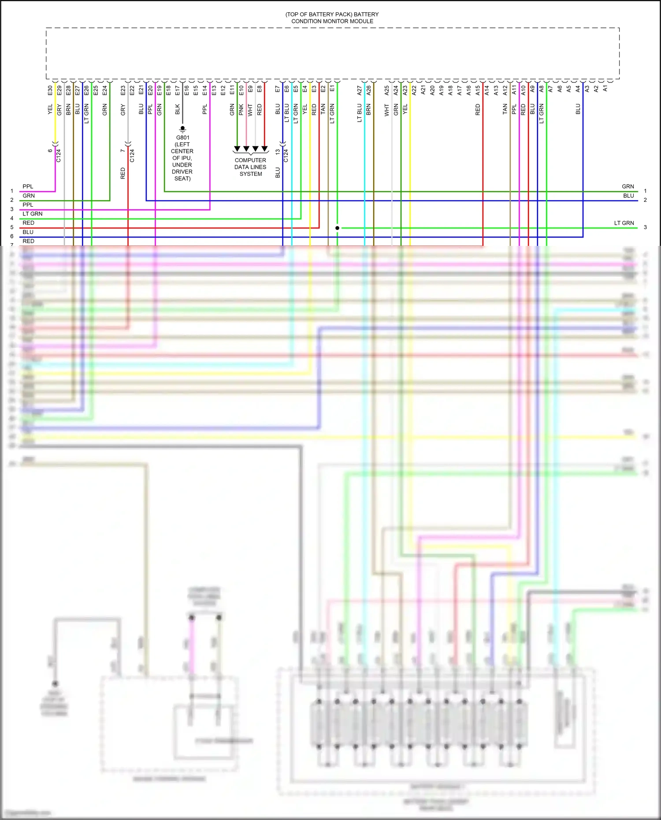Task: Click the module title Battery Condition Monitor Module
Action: pyautogui.click(x=332, y=18)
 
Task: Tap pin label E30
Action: pyautogui.click(x=50, y=90)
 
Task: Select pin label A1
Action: pyautogui.click(x=605, y=89)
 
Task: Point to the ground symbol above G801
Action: pyautogui.click(x=182, y=129)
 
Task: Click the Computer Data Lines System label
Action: pyautogui.click(x=250, y=167)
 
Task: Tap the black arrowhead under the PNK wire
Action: pyautogui.click(x=246, y=149)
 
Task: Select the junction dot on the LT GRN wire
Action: pyautogui.click(x=337, y=228)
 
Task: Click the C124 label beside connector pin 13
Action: pyautogui.click(x=286, y=156)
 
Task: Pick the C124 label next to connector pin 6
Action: pyautogui.click(x=59, y=156)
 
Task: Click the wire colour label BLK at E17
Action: pyautogui.click(x=178, y=109)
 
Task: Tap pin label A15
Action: pyautogui.click(x=478, y=90)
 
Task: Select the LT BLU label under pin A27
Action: pyautogui.click(x=360, y=113)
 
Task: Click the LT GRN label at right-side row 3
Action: pyautogui.click(x=624, y=223)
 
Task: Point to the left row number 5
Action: pyautogui.click(x=12, y=227)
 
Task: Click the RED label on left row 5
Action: pyautogui.click(x=29, y=223)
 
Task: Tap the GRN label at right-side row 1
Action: pyautogui.click(x=628, y=186)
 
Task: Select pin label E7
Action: pyautogui.click(x=278, y=89)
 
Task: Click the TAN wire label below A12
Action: pyautogui.click(x=505, y=109)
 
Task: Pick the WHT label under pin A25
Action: pyautogui.click(x=387, y=110)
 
